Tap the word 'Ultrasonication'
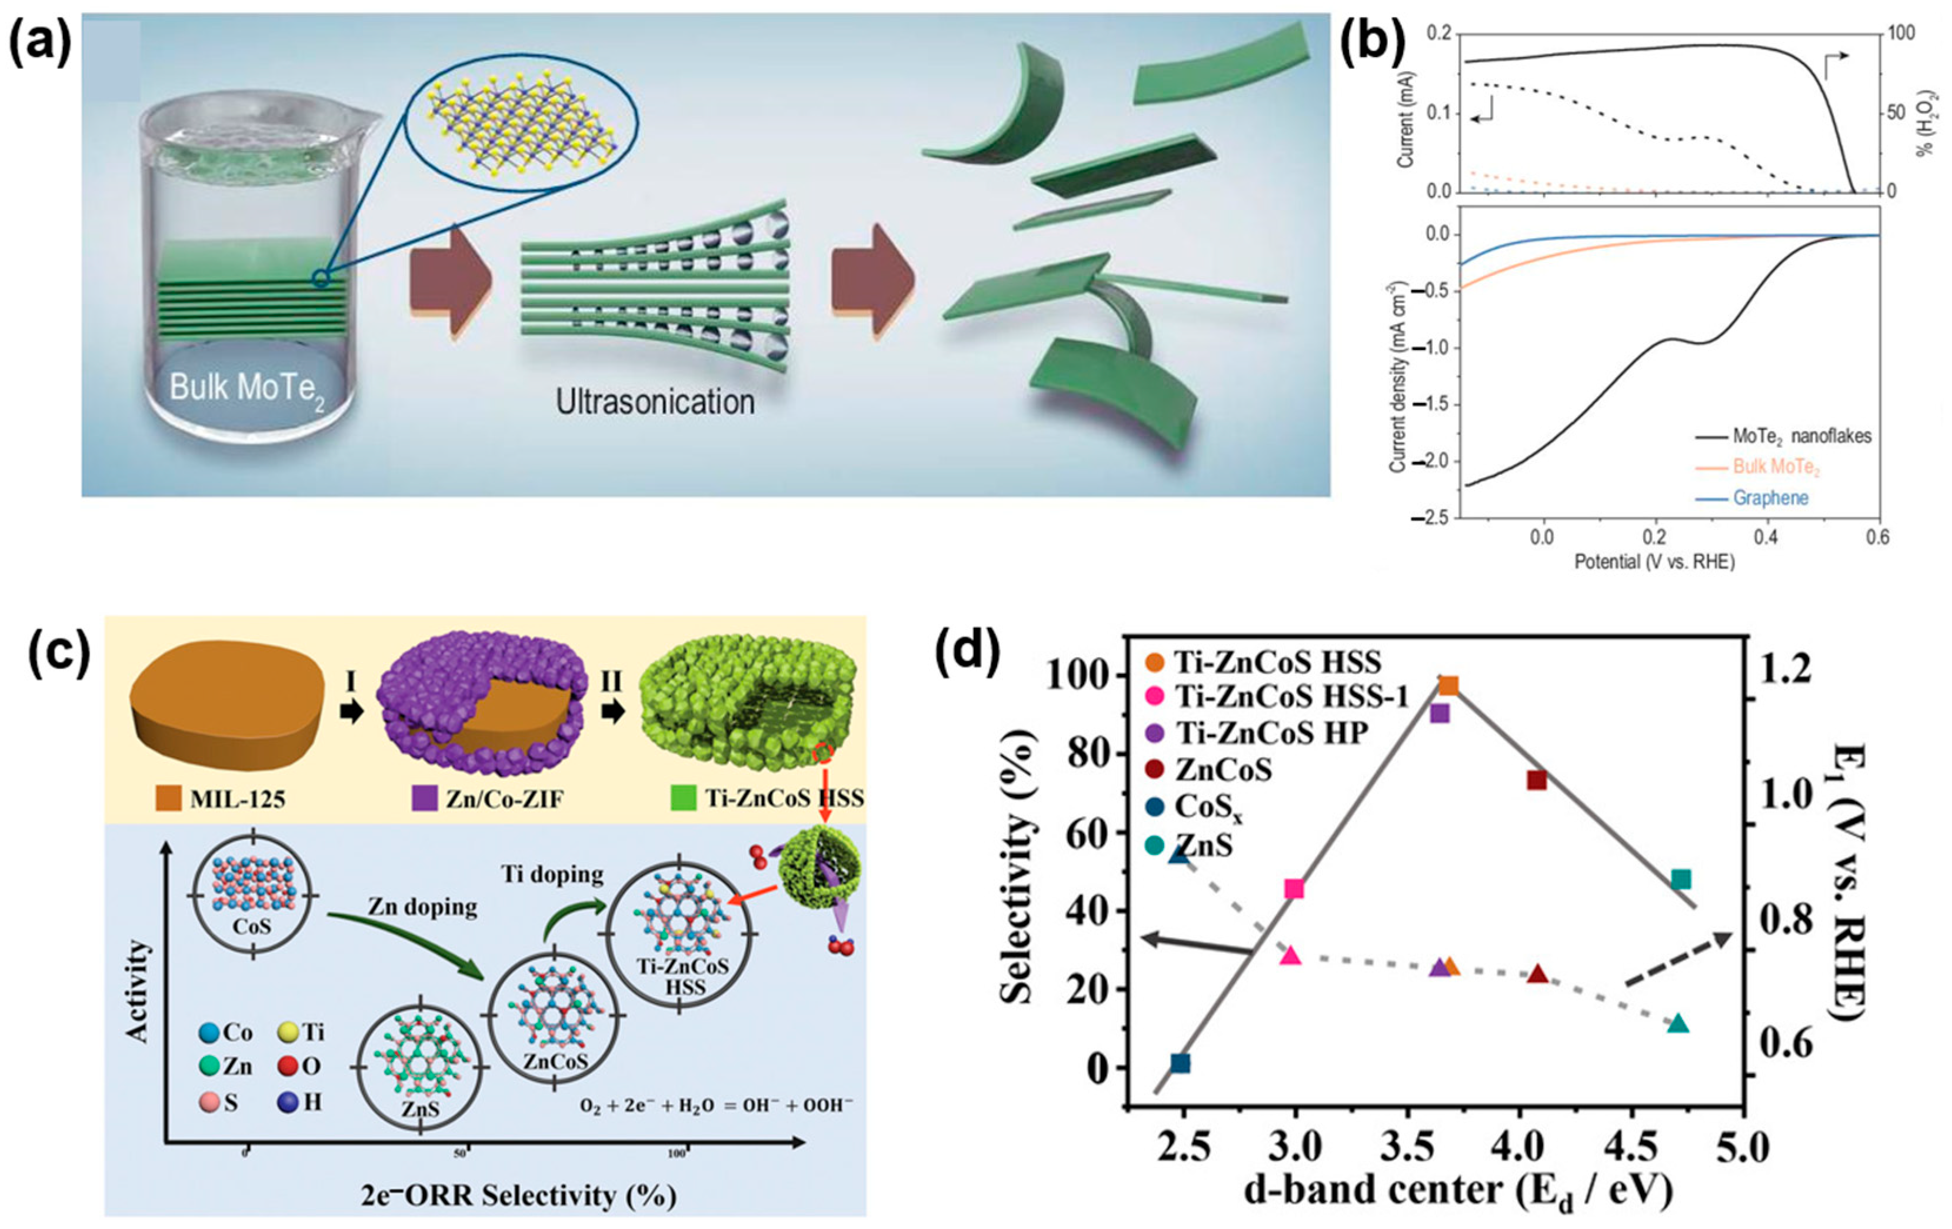tap(655, 402)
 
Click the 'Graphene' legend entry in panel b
tap(1770, 498)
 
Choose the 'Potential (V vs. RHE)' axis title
tap(1654, 562)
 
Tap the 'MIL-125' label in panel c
tap(238, 800)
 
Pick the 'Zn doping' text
tap(422, 907)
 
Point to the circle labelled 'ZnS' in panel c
tap(420, 1068)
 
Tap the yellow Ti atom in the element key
tap(287, 1032)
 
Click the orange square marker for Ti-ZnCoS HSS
tap(1448, 686)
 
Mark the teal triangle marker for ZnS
tap(1678, 1023)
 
